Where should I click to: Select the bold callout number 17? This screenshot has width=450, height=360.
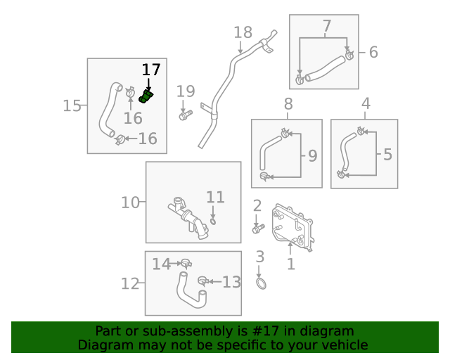coord(151,70)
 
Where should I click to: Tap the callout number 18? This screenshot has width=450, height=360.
coord(242,32)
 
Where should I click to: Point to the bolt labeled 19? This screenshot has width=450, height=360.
coord(184,116)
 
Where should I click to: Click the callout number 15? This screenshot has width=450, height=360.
coord(72,105)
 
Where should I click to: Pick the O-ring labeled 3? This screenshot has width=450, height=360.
coord(261,283)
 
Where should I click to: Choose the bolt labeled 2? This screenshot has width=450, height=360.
coord(257,229)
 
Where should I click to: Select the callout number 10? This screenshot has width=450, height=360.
coord(130,203)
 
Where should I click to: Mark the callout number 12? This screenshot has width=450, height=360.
coord(130,284)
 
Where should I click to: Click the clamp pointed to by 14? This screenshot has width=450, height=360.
coord(186,264)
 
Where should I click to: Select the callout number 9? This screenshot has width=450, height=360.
coord(312,154)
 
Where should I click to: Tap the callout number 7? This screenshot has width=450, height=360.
coord(326,27)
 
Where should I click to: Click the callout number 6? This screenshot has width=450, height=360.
coord(373,52)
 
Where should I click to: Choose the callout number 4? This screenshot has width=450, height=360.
coord(366,105)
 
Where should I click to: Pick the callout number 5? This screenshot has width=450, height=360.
coord(387,153)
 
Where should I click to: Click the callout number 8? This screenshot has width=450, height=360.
coord(288,105)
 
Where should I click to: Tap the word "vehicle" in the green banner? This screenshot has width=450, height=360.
coord(343,345)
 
